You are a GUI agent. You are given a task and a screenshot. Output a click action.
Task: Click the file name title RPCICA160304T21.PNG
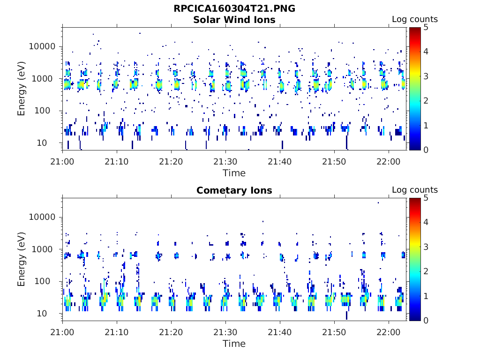point(234,8)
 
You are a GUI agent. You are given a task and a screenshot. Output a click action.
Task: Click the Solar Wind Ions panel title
point(234,20)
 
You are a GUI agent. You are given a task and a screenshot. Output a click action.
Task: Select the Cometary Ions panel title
point(234,190)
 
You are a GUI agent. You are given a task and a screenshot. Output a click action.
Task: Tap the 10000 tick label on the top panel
point(42,46)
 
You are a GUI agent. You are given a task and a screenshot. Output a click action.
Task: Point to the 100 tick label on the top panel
point(42,111)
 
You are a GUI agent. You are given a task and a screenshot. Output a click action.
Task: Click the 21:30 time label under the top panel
point(225,161)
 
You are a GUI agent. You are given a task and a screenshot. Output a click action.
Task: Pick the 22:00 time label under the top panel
point(389,161)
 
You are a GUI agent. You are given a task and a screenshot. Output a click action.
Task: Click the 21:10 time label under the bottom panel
point(117,332)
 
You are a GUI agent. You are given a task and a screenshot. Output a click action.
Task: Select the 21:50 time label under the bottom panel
point(334,332)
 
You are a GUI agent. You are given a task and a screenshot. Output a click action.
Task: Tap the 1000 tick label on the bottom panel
point(42,249)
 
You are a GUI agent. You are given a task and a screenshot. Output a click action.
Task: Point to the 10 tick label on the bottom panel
point(42,314)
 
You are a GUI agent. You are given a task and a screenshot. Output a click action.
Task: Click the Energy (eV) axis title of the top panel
point(21,89)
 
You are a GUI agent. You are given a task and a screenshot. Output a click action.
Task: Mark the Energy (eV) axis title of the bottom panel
point(21,259)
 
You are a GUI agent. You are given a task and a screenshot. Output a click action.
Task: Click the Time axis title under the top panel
point(234,173)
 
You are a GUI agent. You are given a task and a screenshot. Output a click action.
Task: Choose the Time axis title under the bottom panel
point(234,344)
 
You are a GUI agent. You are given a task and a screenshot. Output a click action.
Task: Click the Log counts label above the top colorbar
point(415,19)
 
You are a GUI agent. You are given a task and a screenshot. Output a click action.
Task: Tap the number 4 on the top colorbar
point(426,52)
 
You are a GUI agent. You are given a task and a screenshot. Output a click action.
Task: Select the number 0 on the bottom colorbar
point(426,321)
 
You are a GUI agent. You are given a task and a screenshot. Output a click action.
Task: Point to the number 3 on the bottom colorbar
point(426,247)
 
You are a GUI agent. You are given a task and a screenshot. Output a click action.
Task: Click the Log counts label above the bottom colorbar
point(415,190)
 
